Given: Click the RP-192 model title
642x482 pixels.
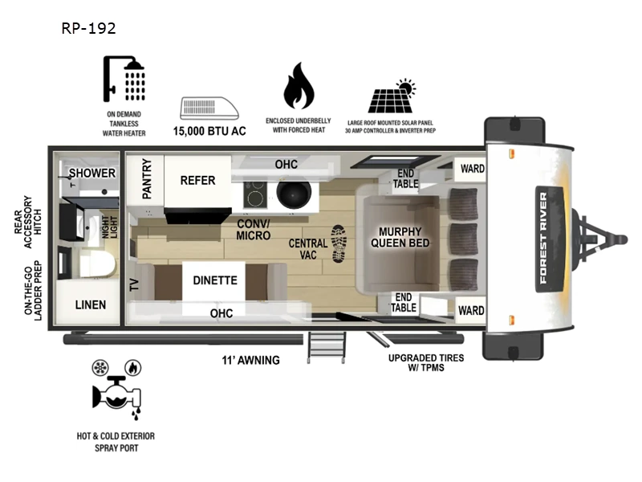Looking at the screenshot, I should (x=88, y=29).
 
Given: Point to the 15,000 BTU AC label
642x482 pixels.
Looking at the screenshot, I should (x=209, y=130).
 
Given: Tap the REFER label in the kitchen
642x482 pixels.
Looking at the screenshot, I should (x=197, y=181).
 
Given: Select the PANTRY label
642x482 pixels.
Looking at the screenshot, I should (x=147, y=178).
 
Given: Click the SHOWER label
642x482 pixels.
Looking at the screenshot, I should (x=91, y=174).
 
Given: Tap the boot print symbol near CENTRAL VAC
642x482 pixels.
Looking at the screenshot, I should (x=339, y=243).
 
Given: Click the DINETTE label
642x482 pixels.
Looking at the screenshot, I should (x=214, y=280).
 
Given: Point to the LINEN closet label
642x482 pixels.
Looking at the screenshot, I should (x=91, y=305).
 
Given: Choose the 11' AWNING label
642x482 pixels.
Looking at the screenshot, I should (x=251, y=360).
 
